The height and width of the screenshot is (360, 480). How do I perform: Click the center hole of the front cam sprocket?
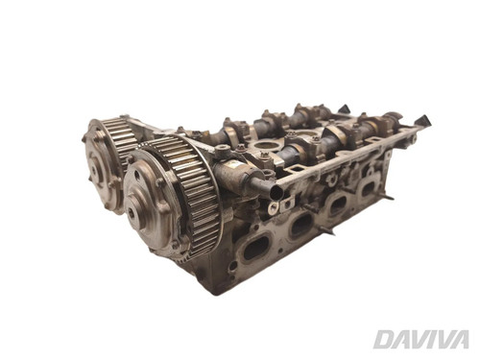[x=132, y=212]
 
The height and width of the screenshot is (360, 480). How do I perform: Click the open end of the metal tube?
[x=276, y=192]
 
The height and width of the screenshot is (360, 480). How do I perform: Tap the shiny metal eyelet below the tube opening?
[x=273, y=208]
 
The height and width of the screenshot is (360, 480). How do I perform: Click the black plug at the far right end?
[x=422, y=121]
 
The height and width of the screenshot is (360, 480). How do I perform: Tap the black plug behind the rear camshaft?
[x=345, y=108]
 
